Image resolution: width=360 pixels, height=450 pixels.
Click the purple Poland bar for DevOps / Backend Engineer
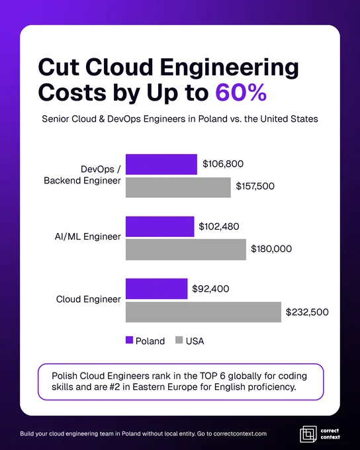coord(161,164)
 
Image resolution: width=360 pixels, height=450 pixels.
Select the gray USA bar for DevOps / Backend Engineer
coord(178,187)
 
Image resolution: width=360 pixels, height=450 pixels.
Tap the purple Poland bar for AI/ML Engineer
coord(160,227)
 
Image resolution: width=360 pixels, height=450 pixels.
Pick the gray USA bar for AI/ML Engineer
coord(186,249)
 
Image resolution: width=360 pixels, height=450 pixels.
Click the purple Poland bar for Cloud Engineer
coord(156,289)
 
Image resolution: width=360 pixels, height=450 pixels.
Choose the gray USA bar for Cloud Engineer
coord(203,312)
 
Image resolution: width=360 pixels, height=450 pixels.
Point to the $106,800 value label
coord(223,164)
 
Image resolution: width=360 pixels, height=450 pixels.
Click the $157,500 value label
coord(255,186)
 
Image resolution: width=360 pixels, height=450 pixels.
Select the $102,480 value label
coord(219,226)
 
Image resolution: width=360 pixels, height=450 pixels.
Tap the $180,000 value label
coord(271,249)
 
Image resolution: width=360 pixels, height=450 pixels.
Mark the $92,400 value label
coord(210,289)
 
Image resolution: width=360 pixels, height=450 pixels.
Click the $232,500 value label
coord(307,312)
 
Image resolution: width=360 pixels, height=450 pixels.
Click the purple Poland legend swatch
coord(129,340)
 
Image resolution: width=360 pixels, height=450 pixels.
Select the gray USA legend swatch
coord(179,340)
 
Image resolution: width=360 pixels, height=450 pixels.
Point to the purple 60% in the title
coord(241,93)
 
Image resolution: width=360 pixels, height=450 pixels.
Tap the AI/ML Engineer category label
coord(88,237)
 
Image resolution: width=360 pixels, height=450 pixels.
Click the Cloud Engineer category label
coord(89,299)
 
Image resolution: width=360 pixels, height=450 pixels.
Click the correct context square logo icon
coord(308,434)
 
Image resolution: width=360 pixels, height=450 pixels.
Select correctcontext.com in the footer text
coord(240,433)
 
